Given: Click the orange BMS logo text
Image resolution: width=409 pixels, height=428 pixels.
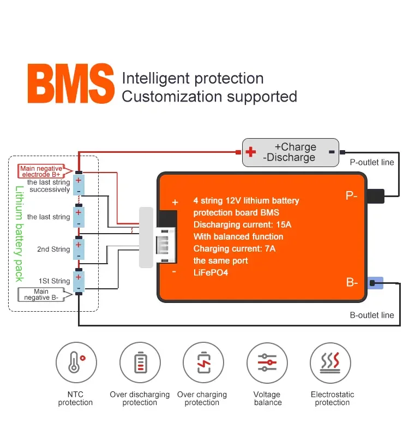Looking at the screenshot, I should tap(71, 85).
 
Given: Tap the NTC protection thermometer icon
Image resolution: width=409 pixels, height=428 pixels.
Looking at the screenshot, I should tap(76, 363).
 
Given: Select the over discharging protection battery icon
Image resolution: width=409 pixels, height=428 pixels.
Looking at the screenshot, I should tap(140, 363).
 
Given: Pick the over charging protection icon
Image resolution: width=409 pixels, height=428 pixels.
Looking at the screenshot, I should tap(203, 363).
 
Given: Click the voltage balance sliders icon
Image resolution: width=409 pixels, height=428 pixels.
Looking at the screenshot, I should tap(267, 363).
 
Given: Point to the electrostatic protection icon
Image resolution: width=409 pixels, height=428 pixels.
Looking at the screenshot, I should tap(331, 363).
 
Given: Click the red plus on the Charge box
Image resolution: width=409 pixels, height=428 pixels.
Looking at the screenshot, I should tap(251, 152).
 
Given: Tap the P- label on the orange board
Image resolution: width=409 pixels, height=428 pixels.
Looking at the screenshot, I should tap(351, 195).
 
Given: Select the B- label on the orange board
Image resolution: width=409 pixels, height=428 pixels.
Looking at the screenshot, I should tap(352, 283).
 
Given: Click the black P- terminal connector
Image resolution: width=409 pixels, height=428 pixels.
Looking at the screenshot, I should tap(376, 196).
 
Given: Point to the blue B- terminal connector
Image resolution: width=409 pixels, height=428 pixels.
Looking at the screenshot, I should tap(376, 283).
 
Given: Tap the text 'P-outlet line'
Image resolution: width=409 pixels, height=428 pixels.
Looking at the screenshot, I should tap(372, 162).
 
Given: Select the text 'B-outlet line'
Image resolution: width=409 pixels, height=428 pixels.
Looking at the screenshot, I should tap(372, 315).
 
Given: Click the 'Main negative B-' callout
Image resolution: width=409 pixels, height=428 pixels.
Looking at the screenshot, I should tap(41, 295).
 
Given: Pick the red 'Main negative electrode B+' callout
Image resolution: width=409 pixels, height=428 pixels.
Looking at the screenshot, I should tap(41, 171).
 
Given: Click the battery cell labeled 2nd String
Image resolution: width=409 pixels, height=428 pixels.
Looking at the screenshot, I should tap(79, 249).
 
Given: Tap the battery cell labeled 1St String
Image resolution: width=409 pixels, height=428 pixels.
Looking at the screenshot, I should tap(79, 282).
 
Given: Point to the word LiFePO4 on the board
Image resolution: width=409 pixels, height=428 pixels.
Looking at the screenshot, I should tap(210, 272).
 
